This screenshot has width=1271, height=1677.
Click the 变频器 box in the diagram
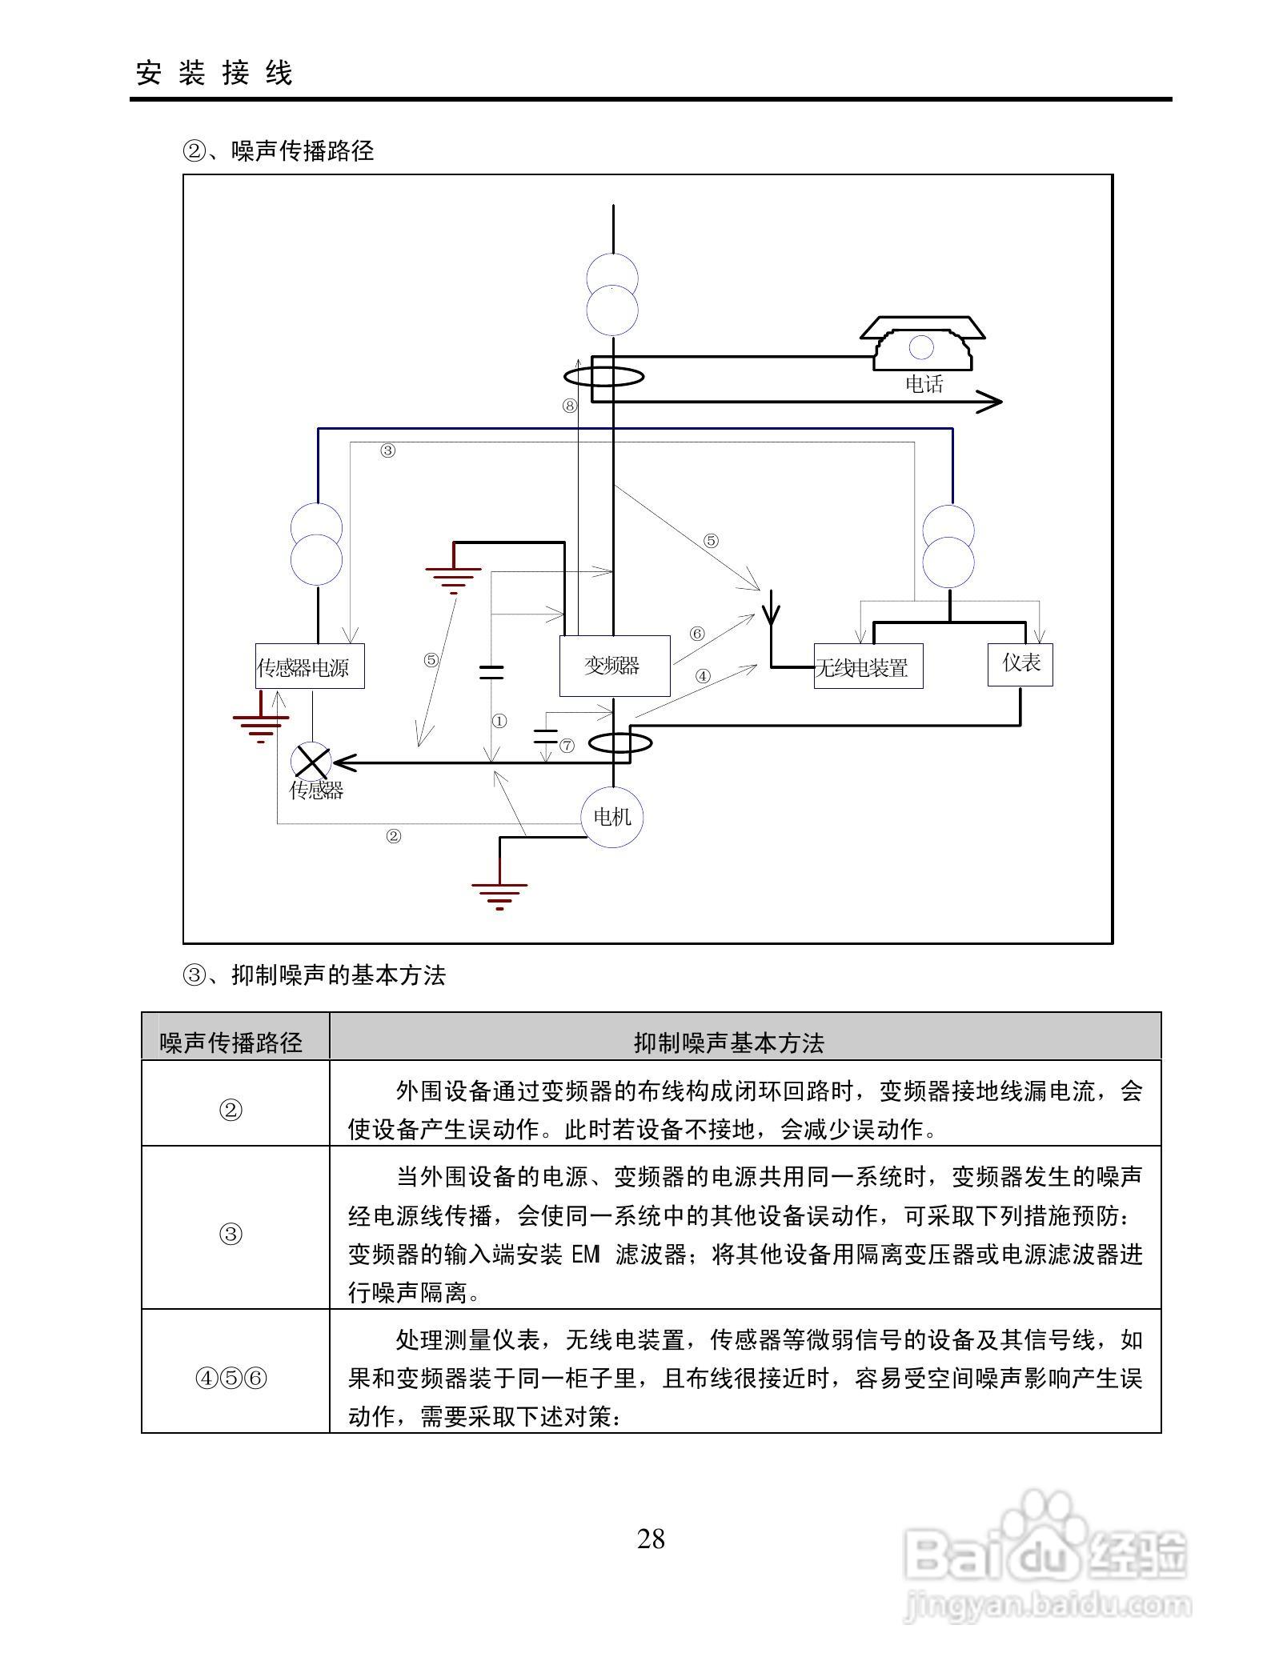click(x=614, y=666)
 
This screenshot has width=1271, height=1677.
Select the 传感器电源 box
click(x=310, y=666)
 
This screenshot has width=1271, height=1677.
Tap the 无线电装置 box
click(x=868, y=666)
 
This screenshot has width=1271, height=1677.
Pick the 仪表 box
click(x=1020, y=664)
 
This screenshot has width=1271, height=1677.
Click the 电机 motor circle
click(x=612, y=816)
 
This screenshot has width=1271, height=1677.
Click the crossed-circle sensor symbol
click(x=311, y=760)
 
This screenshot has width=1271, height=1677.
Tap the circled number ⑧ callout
click(x=569, y=406)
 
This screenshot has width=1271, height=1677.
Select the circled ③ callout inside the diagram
click(x=387, y=450)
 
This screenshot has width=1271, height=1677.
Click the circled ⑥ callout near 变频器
click(x=697, y=634)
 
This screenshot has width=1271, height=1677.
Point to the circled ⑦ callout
click(x=567, y=746)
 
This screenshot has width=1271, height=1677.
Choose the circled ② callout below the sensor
click(x=393, y=837)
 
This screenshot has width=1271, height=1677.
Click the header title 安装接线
click(x=215, y=73)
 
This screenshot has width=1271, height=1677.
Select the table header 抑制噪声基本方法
click(x=728, y=1043)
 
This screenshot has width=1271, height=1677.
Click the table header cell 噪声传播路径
click(x=231, y=1043)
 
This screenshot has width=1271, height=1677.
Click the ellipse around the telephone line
click(x=603, y=375)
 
